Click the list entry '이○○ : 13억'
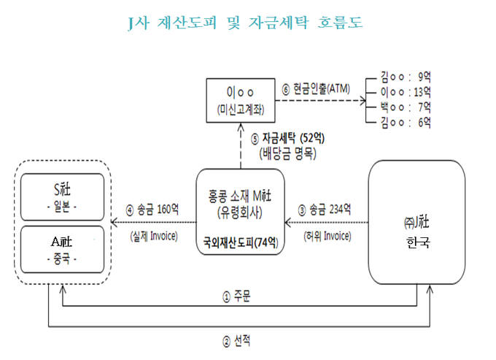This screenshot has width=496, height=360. (x=406, y=91)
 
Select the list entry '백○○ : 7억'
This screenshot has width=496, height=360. (x=406, y=107)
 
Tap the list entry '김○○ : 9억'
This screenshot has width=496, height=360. (x=406, y=76)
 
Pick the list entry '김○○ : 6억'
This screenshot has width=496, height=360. (x=406, y=122)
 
